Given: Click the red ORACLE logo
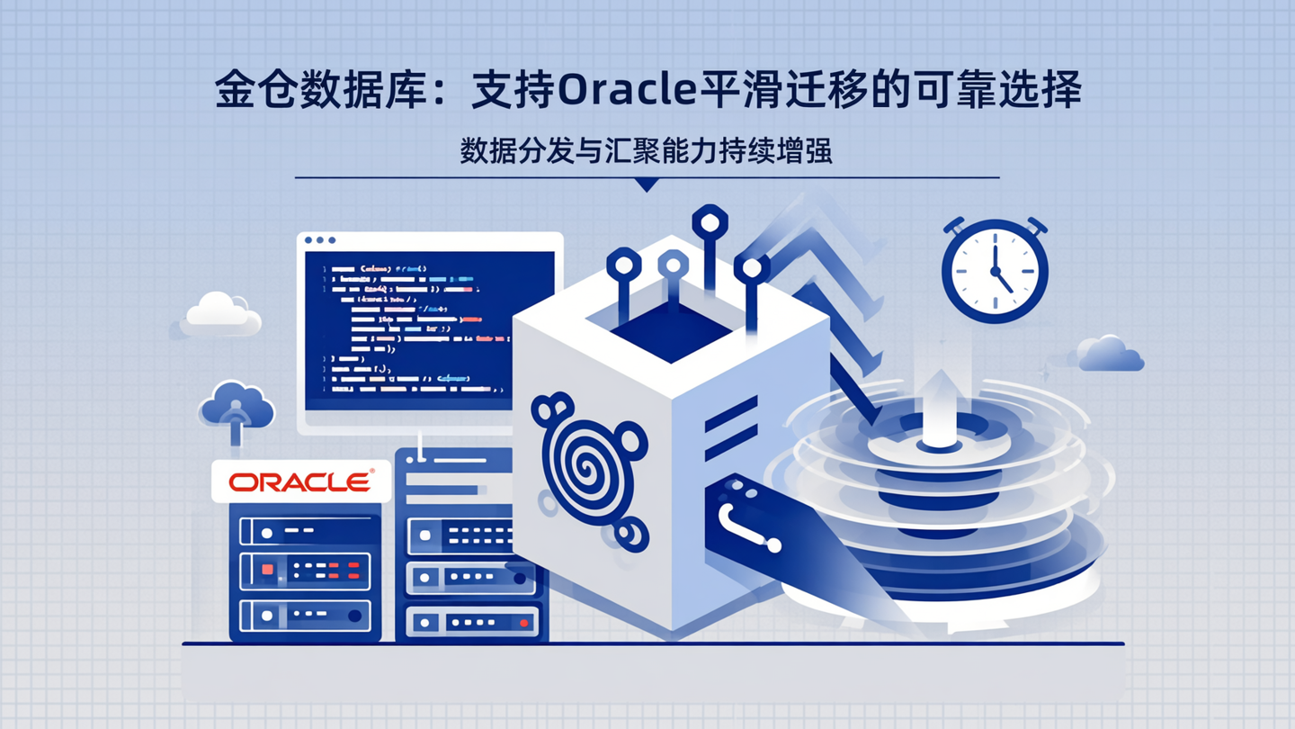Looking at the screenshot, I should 300,482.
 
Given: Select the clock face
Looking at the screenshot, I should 995,271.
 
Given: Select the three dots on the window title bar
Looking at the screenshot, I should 320,240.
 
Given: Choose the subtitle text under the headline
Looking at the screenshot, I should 646,150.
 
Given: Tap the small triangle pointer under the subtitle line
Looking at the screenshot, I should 646,185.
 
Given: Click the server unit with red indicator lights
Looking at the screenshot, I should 305,571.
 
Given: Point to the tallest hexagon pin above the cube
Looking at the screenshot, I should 710,222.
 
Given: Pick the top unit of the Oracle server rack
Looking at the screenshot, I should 305,531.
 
